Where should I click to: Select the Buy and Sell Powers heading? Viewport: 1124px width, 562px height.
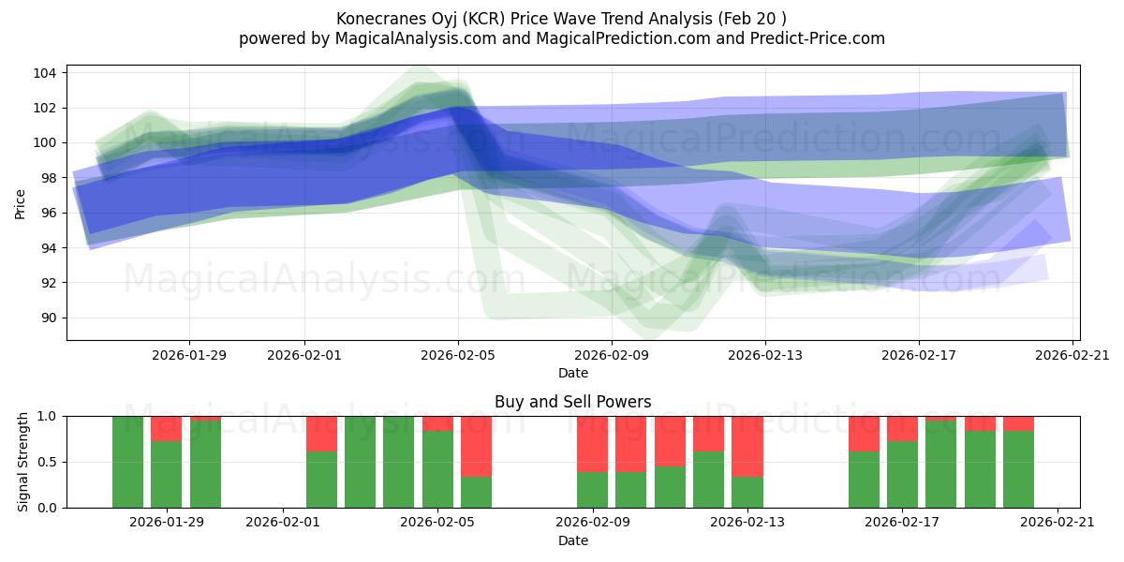[572, 402]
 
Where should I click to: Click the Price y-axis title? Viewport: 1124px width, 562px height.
[21, 203]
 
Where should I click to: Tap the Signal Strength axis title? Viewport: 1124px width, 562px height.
[24, 462]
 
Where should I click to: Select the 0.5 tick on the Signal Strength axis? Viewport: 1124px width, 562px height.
[46, 462]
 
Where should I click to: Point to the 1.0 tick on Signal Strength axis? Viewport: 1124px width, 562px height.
[46, 416]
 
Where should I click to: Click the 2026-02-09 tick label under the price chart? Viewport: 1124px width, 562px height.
[612, 355]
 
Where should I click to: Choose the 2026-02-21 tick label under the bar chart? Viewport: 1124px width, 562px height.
[1057, 522]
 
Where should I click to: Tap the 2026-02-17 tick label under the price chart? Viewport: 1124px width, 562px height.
[918, 355]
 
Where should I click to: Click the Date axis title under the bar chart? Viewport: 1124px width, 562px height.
[572, 540]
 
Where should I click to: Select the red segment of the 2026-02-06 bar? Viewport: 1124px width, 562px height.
[476, 446]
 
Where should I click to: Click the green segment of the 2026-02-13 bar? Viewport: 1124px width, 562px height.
[747, 492]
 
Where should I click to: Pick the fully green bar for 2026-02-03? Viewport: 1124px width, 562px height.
[360, 462]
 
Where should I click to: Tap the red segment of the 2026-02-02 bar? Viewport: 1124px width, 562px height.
[321, 433]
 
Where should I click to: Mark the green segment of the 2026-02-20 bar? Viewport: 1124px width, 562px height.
[1018, 468]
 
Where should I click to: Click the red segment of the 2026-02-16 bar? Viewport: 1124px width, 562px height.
[864, 433]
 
